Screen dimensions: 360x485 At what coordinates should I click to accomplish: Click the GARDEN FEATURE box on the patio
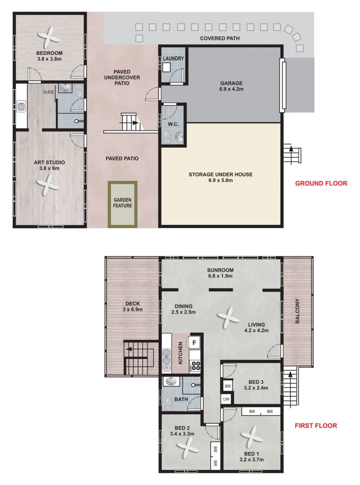[122, 204]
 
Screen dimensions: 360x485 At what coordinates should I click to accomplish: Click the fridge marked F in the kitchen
[194, 343]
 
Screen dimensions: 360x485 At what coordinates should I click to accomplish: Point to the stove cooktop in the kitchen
[195, 366]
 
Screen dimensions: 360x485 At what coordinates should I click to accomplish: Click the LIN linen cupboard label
[226, 399]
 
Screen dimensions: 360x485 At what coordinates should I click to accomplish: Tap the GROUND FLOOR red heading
[321, 184]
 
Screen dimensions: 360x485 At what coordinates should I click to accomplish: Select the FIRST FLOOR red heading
[316, 426]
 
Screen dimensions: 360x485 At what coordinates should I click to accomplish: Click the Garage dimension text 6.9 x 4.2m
[231, 89]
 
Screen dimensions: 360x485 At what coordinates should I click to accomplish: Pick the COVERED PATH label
[220, 38]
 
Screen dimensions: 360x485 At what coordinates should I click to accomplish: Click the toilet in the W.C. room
[167, 137]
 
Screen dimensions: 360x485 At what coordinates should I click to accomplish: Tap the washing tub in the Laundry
[167, 67]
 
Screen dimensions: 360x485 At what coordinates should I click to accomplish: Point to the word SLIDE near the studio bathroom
[48, 92]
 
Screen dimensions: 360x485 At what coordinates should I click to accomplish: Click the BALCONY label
[297, 311]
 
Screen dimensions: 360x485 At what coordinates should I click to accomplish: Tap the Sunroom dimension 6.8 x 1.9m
[220, 276]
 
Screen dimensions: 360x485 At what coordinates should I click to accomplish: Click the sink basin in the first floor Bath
[171, 382]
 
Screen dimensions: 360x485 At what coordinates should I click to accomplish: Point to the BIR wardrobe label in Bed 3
[228, 386]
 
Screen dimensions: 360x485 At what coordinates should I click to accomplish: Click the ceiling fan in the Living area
[228, 317]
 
